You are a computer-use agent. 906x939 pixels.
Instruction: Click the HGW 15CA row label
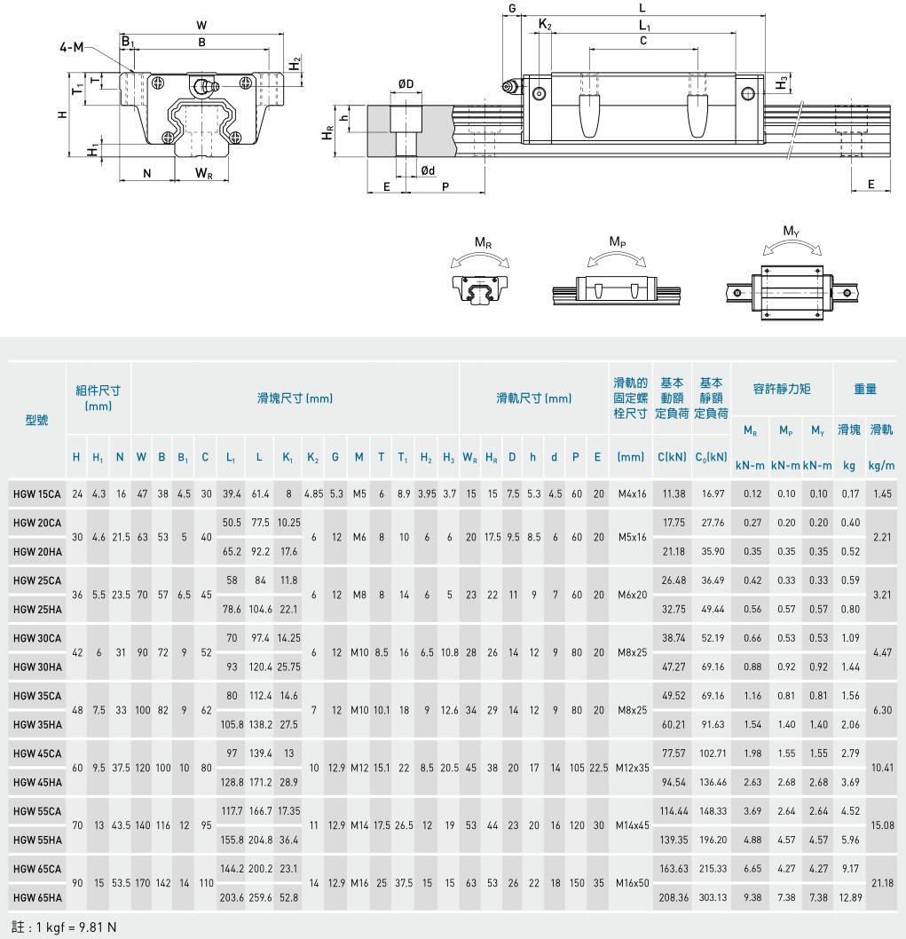pos(36,493)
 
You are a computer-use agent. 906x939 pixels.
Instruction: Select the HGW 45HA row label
pos(36,782)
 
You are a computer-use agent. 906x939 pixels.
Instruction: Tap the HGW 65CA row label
pos(36,869)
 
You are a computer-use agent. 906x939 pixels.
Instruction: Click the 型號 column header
pos(36,420)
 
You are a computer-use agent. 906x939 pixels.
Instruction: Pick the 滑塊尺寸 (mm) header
pos(295,398)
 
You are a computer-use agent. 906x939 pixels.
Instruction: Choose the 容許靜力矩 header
pos(782,388)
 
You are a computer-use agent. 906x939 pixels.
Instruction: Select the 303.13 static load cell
pos(713,897)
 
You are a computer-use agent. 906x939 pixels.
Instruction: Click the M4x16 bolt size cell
pos(631,493)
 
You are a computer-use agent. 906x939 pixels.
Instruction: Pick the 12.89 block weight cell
pos(850,897)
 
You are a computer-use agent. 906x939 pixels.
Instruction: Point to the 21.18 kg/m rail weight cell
pos(882,883)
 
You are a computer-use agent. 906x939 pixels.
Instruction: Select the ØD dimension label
pos(406,84)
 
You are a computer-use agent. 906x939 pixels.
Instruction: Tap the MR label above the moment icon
pos(484,242)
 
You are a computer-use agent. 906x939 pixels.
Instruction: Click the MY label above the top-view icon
pos(791,232)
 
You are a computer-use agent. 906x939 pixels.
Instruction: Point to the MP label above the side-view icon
pos(618,241)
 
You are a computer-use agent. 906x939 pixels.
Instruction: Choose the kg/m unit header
pos(882,465)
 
